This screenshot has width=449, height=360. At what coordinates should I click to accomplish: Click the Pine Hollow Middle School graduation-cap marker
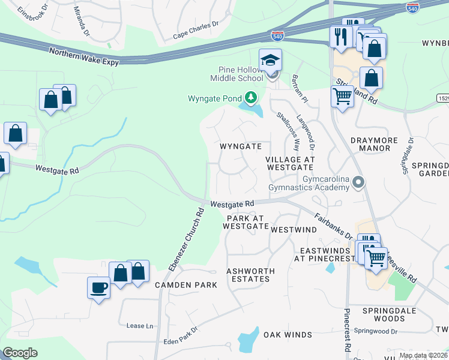coord(271,61)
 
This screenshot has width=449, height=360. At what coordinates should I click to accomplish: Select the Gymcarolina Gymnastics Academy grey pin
coord(359,182)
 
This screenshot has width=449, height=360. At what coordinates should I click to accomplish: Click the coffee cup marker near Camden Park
coord(98,287)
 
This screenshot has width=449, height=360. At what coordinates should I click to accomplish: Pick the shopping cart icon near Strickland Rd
coord(342,95)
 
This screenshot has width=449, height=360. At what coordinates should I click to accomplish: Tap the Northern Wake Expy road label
coord(84,58)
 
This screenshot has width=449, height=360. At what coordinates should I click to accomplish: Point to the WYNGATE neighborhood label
coord(240,146)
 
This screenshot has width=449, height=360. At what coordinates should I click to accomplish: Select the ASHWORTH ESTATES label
coord(250,275)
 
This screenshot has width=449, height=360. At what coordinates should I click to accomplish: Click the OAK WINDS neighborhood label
coord(288,335)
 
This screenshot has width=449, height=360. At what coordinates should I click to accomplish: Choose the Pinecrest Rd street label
coord(347,330)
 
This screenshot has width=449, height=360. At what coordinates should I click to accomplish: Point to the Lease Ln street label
coord(139,326)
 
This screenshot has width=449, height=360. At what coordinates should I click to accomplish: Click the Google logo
coord(20,353)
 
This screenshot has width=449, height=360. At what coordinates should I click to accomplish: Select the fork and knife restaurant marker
coord(341,37)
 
